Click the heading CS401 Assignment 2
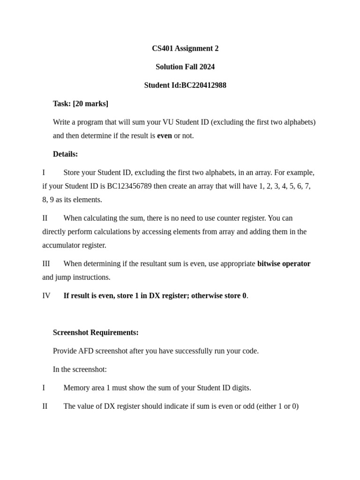pos(185,48)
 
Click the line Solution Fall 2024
pos(185,67)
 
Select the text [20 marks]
pos(90,104)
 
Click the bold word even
pos(165,135)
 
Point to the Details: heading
pos(66,154)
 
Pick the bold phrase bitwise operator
pos(284,263)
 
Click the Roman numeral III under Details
pos(46,263)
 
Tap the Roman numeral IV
pos(46,295)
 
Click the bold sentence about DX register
pos(155,295)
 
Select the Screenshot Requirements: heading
pos(96,332)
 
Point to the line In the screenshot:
pos(80,369)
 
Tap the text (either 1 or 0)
pos(277,406)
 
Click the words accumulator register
pos(74,245)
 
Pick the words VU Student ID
pos(184,122)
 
